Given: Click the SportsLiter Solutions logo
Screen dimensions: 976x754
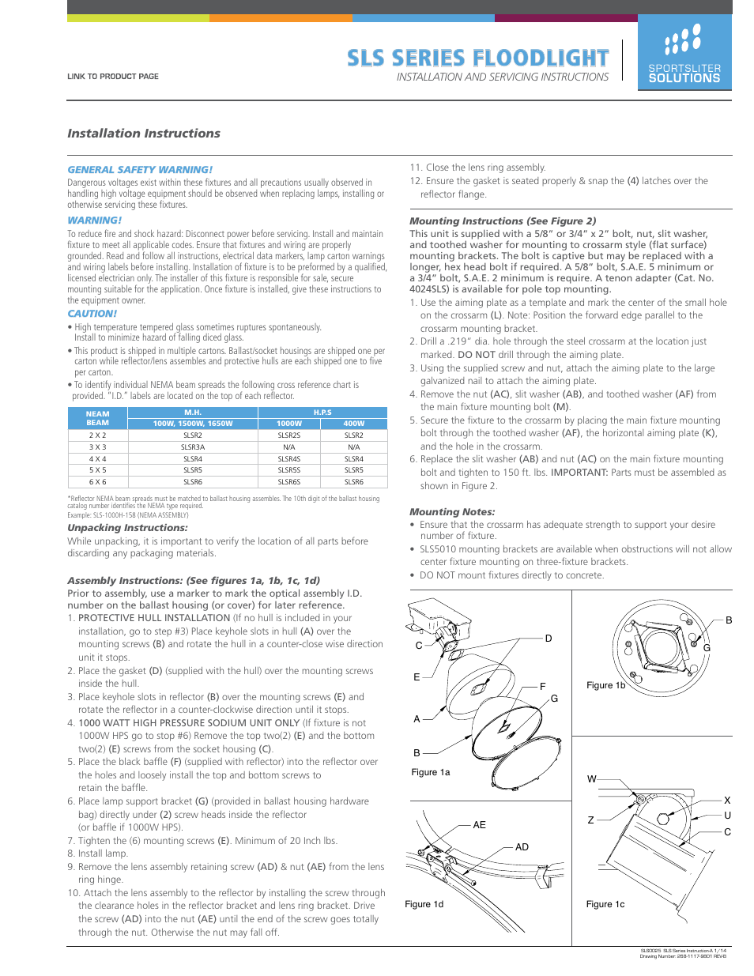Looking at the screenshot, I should [x=684, y=53].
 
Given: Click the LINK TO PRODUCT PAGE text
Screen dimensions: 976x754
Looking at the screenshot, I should [x=113, y=77].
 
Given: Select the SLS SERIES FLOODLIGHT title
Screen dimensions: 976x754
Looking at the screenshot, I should [x=478, y=58].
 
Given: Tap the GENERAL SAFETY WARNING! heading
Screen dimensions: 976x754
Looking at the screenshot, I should [x=140, y=170].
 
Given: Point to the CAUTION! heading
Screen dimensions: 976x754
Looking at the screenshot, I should [x=92, y=314].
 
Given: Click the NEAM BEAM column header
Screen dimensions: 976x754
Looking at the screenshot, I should [x=97, y=418].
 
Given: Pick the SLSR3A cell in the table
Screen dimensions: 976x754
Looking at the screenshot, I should [x=193, y=447].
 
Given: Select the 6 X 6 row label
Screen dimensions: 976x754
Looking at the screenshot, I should [x=97, y=481].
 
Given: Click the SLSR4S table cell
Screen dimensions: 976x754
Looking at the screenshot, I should [x=289, y=459].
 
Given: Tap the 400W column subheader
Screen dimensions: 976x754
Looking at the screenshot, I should [x=354, y=424].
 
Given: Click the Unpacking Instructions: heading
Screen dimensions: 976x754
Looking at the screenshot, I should [x=127, y=528].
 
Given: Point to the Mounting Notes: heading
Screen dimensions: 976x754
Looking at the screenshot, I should [x=452, y=512].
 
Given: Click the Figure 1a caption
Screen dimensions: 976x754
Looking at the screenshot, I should [x=431, y=772].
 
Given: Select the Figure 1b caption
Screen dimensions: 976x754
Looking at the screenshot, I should [x=605, y=685].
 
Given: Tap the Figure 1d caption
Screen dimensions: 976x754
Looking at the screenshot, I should [x=424, y=904].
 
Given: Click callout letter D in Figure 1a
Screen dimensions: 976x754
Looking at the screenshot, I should [x=549, y=639].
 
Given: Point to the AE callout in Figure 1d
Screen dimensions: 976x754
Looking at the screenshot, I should [x=479, y=825].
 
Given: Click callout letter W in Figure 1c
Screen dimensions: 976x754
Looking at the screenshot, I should [x=592, y=779].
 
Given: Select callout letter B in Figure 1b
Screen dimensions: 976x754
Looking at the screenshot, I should [x=729, y=620].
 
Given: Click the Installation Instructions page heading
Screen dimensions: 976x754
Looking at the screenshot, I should [x=144, y=134].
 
